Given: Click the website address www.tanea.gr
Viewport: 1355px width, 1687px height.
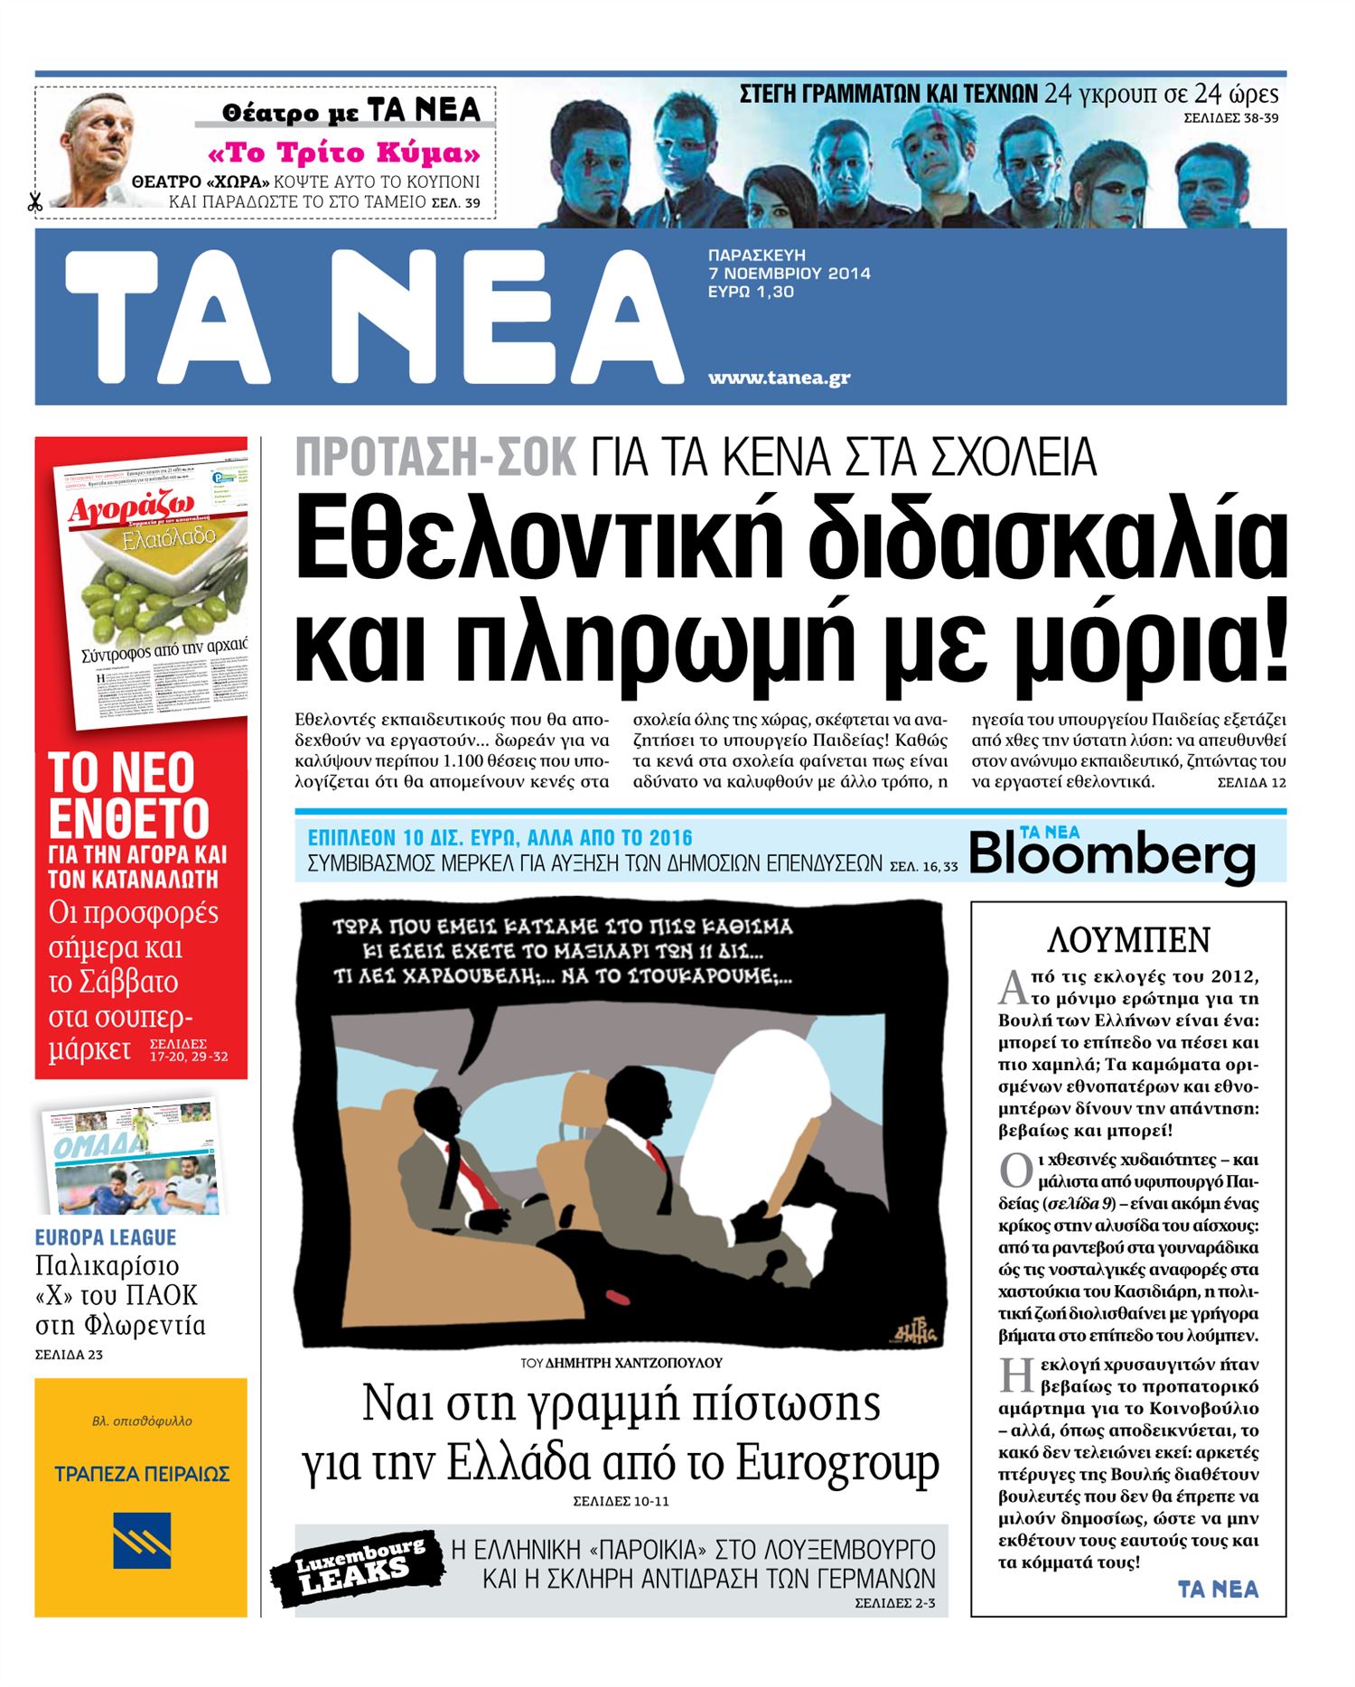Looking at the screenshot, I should [x=779, y=377].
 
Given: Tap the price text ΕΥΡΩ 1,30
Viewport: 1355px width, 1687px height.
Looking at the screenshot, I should [x=751, y=292].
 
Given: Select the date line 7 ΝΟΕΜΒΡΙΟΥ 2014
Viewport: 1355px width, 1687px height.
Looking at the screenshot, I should [x=789, y=273].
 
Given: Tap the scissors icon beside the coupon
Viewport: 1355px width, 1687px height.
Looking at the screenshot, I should [x=35, y=202].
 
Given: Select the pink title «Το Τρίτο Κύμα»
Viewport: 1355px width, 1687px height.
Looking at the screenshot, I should [x=344, y=152].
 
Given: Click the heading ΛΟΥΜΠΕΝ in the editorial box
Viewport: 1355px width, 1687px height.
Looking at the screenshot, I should [x=1128, y=940].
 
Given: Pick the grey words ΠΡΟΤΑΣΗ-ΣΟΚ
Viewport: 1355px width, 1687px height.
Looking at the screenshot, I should [x=436, y=457].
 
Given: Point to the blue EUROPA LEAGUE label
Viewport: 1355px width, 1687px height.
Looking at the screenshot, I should [x=106, y=1237].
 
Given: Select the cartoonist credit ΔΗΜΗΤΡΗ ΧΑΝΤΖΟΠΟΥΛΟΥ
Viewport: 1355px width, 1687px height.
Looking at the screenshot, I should [x=634, y=1363].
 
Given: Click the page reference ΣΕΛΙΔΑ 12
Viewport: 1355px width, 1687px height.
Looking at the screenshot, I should [x=1251, y=783].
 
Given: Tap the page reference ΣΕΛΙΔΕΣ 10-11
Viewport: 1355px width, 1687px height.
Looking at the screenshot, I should [x=621, y=1501].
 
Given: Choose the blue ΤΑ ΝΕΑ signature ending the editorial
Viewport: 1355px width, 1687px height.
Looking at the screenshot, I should [x=1218, y=1589].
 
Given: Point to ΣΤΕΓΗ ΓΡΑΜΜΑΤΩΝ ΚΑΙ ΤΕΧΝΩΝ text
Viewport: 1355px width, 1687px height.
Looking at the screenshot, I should [x=888, y=94].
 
